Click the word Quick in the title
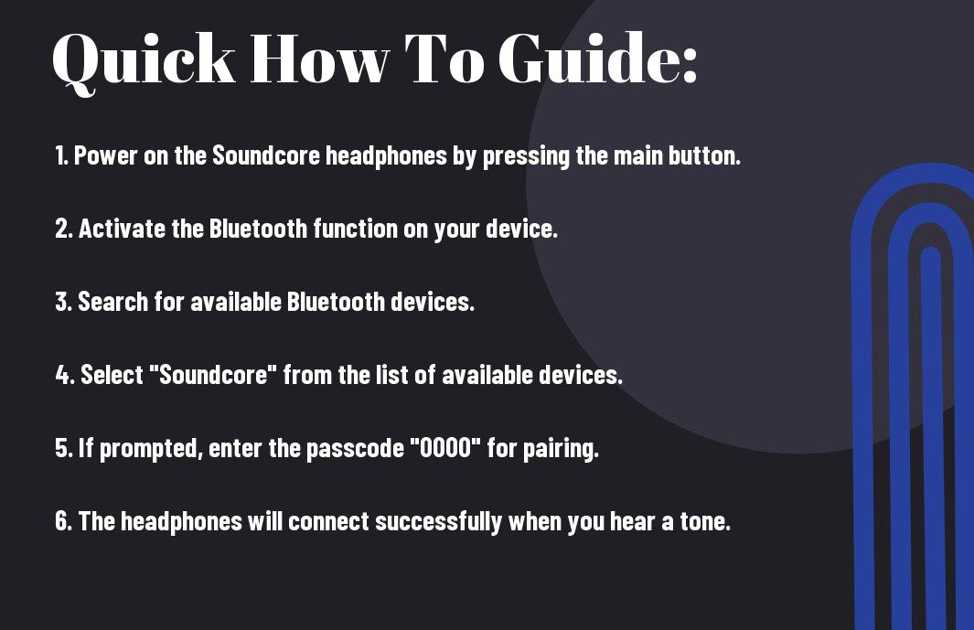[x=144, y=61]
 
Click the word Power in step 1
[x=105, y=155]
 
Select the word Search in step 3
[x=113, y=302]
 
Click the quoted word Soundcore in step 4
[x=212, y=374]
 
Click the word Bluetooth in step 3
[x=336, y=302]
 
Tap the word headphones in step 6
[x=181, y=522]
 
